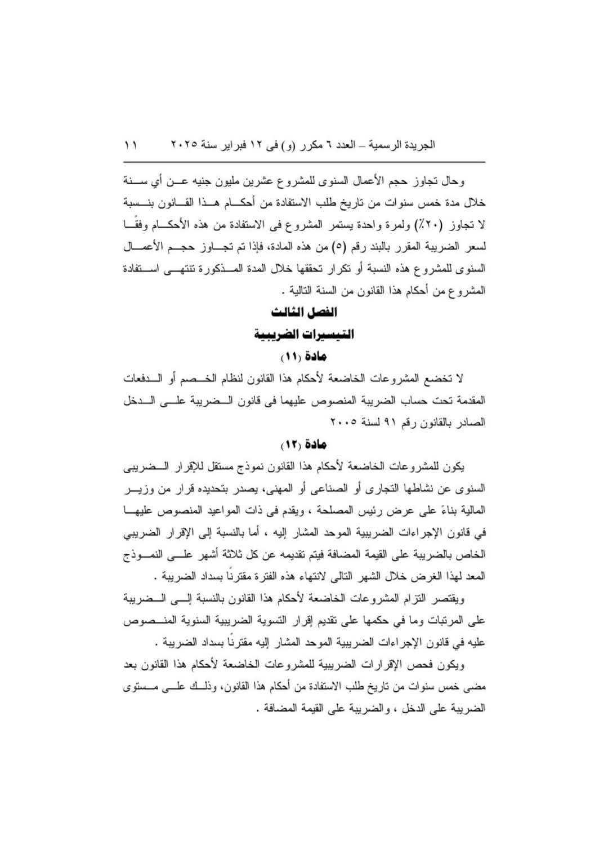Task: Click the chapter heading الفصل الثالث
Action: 304,312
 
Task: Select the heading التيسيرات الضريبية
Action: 304,335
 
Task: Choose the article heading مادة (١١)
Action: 304,357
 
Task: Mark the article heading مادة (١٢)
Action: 304,444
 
